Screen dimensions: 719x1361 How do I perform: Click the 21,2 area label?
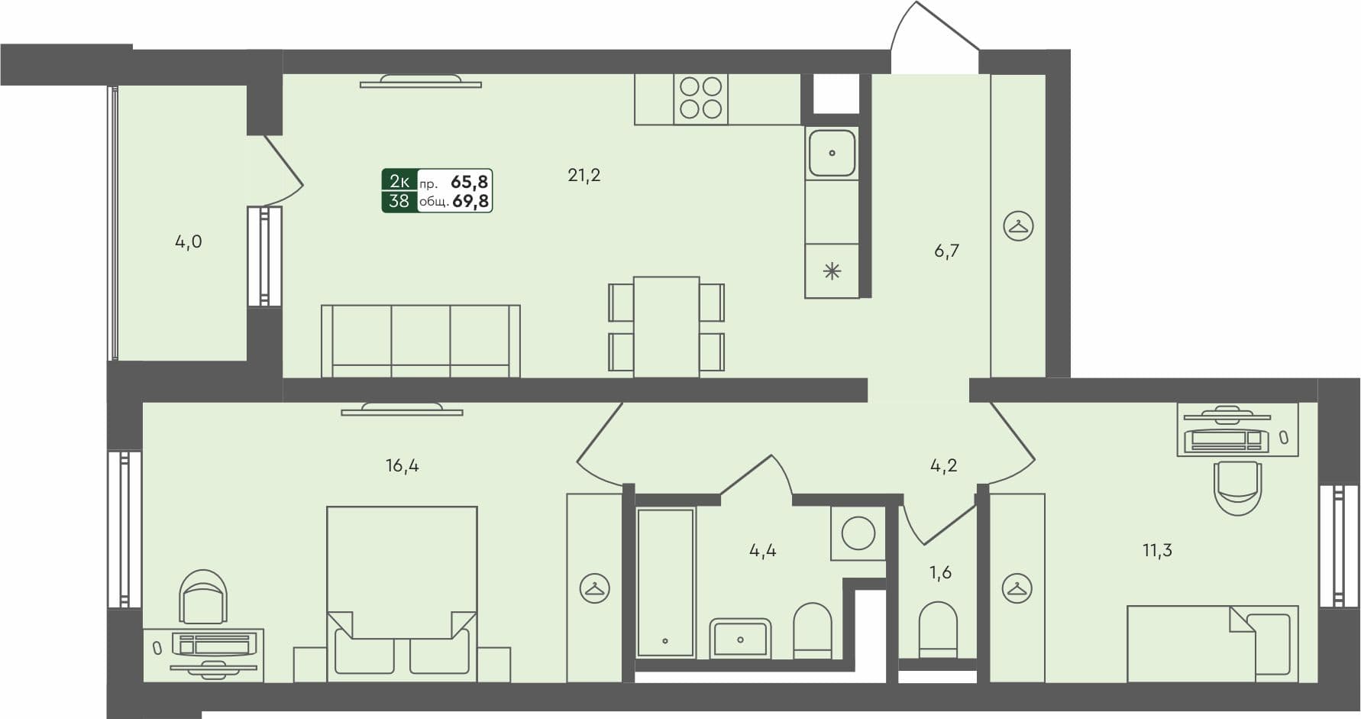(584, 175)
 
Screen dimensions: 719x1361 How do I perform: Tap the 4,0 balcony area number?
(189, 242)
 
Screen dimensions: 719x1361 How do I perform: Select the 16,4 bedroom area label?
(402, 465)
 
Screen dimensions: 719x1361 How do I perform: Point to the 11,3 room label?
(1157, 550)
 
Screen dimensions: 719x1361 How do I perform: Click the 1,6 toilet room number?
(940, 572)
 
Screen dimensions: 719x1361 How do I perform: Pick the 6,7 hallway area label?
(946, 251)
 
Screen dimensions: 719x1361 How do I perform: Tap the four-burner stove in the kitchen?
(700, 99)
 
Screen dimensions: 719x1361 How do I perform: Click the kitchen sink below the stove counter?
(832, 153)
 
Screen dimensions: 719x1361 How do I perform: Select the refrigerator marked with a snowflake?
(832, 270)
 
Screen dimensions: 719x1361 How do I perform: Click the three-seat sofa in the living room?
(421, 341)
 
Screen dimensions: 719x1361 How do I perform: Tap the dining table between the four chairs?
(666, 326)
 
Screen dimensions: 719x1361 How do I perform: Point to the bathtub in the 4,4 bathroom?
(665, 583)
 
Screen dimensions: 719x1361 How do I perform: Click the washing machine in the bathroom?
(858, 533)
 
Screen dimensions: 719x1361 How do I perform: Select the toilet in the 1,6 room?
(938, 630)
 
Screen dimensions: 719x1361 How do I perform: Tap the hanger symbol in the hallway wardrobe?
(1018, 226)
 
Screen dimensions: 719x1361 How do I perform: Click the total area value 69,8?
(470, 201)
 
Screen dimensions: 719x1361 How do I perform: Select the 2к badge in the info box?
(399, 181)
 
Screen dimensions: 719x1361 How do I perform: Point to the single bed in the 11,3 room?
(1212, 643)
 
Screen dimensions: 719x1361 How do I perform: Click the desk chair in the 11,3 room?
(1237, 487)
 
